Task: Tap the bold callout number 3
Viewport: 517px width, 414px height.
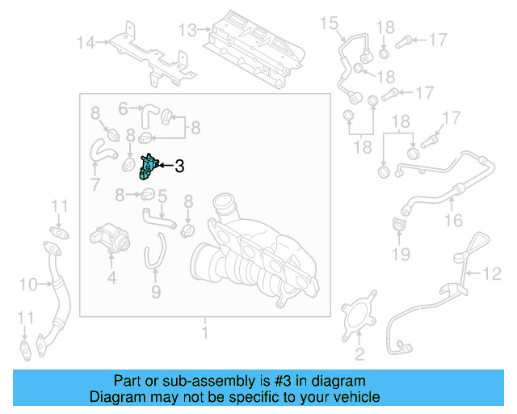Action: tap(179, 167)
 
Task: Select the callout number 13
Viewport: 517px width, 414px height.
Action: tap(187, 30)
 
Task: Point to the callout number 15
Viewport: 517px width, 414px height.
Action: tap(328, 23)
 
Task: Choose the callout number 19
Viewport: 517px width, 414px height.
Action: tap(397, 256)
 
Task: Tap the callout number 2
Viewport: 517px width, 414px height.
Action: tap(359, 353)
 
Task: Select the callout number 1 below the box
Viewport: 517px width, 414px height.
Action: tap(204, 332)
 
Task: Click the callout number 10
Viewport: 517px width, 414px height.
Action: tap(27, 284)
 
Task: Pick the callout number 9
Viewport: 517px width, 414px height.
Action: tap(156, 291)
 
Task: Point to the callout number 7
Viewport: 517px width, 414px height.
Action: tap(95, 184)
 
